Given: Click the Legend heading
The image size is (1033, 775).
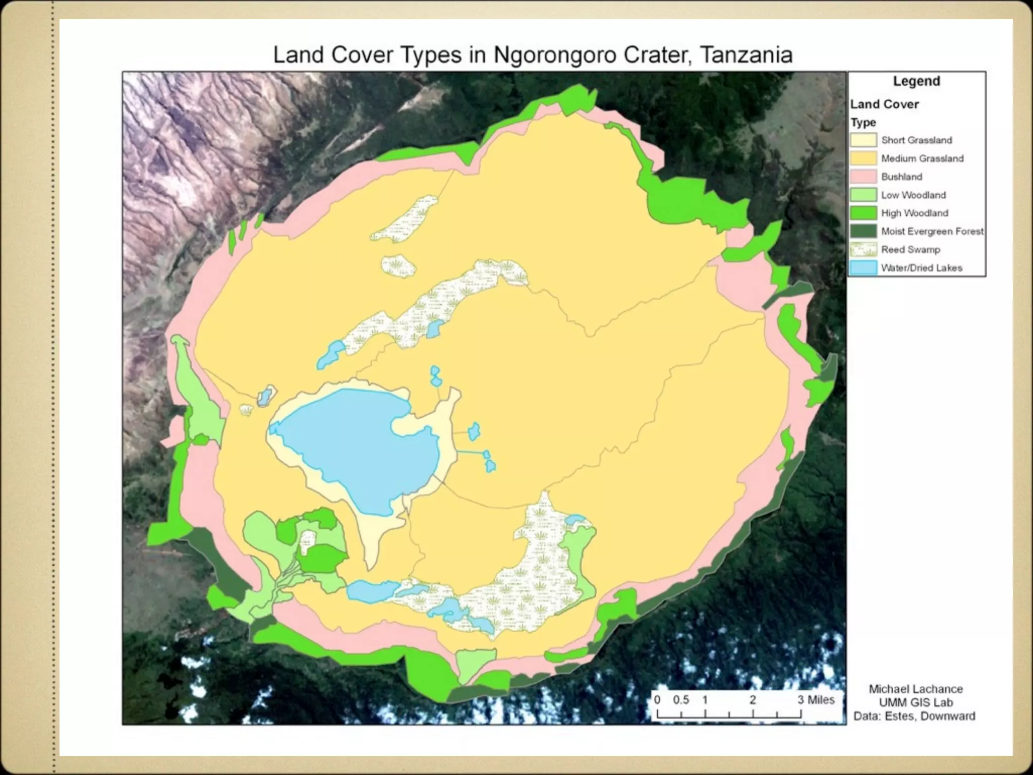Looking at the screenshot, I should point(916,81).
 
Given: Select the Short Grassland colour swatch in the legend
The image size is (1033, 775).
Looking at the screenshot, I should point(864,140).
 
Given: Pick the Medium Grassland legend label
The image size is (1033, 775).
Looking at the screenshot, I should point(922,158).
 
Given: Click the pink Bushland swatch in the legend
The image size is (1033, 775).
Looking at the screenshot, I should point(864,177).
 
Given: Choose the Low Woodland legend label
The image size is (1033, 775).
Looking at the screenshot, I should point(913,195).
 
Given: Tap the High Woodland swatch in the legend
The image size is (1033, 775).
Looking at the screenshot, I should point(864,213).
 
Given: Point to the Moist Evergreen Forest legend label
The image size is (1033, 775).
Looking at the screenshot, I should point(932,232).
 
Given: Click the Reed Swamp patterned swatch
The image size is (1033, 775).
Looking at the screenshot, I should point(864,250).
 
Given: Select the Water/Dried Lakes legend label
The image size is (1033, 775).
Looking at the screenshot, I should point(922,268).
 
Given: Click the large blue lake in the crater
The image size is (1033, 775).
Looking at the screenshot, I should point(353,444).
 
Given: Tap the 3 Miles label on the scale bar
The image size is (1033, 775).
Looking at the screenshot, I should point(816,700).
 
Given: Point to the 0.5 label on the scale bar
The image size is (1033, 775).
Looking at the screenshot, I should point(681,700).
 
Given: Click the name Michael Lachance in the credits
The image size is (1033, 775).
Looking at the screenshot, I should point(915,689).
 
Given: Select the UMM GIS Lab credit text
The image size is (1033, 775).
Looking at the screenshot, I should point(915,702).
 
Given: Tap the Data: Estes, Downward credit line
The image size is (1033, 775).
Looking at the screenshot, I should point(914,716).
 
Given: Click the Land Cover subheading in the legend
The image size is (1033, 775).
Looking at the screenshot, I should point(885,104).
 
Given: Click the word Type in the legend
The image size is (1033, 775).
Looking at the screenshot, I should point(863,123).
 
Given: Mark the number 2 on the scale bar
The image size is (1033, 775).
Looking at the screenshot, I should point(753,700).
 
